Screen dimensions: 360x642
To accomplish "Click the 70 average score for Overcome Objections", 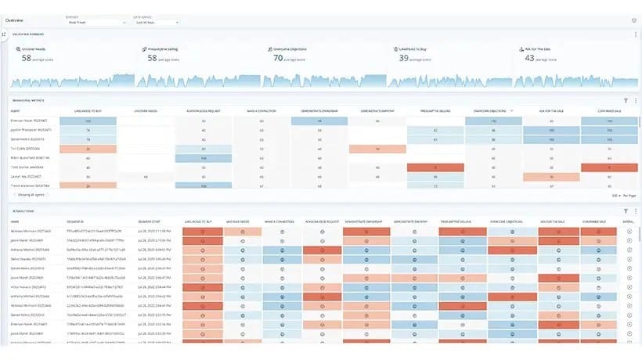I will [278, 58].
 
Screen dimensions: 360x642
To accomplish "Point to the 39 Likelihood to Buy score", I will [403, 58].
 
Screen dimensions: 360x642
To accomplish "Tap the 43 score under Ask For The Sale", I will [528, 58].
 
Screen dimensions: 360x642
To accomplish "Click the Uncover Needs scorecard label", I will [39, 49].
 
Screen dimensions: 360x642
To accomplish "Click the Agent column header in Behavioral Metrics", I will [16, 111].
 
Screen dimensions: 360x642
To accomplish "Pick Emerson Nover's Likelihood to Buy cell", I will [87, 121].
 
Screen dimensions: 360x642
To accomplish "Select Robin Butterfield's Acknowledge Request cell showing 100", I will [204, 157].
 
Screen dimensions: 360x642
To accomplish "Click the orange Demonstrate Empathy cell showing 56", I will [377, 149].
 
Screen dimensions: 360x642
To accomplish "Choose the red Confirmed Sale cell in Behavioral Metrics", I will [610, 167].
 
